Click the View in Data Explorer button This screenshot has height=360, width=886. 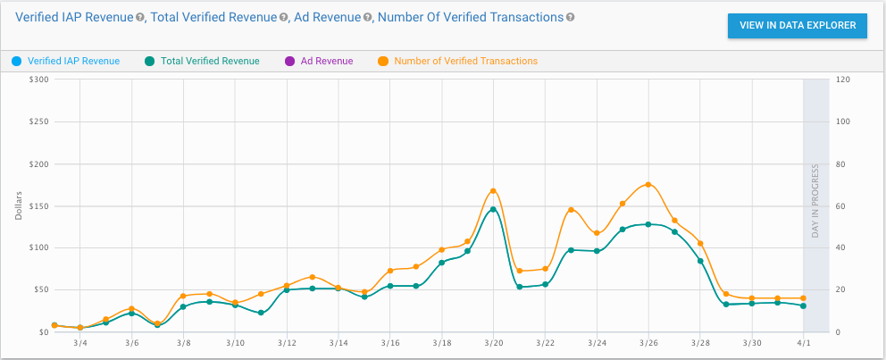pyautogui.click(x=797, y=26)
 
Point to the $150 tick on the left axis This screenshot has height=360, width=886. pyautogui.click(x=38, y=205)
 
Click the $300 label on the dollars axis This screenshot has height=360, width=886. pyautogui.click(x=38, y=80)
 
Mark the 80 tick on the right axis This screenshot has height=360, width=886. pyautogui.click(x=840, y=163)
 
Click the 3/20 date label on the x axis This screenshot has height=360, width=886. pyautogui.click(x=494, y=342)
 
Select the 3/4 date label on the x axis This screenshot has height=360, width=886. pyautogui.click(x=80, y=342)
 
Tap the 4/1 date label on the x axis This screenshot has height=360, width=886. pyautogui.click(x=804, y=342)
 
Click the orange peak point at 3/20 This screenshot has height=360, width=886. pyautogui.click(x=493, y=190)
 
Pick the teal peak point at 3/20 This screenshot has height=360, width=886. pyautogui.click(x=493, y=209)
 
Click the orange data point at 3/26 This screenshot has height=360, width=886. pyautogui.click(x=648, y=184)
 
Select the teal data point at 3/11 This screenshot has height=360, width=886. pyautogui.click(x=261, y=313)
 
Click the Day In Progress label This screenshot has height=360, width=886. pyautogui.click(x=815, y=205)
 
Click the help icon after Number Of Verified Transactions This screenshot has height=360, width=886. pyautogui.click(x=571, y=17)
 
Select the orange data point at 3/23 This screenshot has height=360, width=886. pyautogui.click(x=571, y=209)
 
